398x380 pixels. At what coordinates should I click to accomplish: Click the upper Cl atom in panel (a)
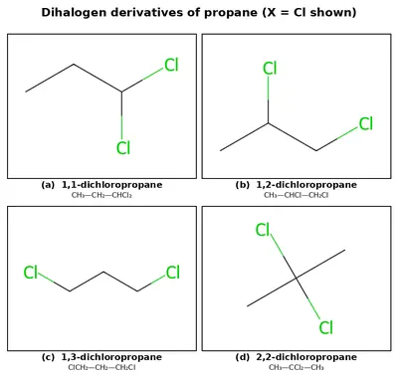click(x=171, y=65)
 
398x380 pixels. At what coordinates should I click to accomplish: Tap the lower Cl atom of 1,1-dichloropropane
click(x=123, y=147)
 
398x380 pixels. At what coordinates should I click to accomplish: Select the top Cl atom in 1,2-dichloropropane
click(x=270, y=69)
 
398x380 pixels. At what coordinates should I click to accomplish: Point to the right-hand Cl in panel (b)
click(x=366, y=123)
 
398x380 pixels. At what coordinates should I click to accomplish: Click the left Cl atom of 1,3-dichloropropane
click(x=31, y=273)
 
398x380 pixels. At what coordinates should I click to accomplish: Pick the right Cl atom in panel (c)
click(x=173, y=273)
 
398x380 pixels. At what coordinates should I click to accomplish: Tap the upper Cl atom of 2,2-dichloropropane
click(x=263, y=230)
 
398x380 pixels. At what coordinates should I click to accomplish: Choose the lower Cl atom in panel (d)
click(x=325, y=327)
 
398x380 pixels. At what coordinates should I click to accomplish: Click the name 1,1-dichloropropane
click(x=112, y=185)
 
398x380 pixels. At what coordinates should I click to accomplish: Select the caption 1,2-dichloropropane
click(x=306, y=185)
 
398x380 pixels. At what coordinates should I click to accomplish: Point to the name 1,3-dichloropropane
click(x=111, y=357)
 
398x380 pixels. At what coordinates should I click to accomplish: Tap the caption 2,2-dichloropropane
click(x=306, y=357)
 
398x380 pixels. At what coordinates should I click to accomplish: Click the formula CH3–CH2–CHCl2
click(x=101, y=195)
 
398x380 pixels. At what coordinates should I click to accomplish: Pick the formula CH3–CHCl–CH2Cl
click(x=297, y=195)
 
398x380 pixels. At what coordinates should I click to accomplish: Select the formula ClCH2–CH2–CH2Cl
click(x=101, y=367)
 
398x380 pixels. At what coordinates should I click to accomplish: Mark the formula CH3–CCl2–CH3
click(x=297, y=367)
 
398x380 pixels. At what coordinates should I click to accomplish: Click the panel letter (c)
click(x=48, y=357)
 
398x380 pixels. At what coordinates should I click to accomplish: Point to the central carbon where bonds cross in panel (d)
click(x=296, y=278)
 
